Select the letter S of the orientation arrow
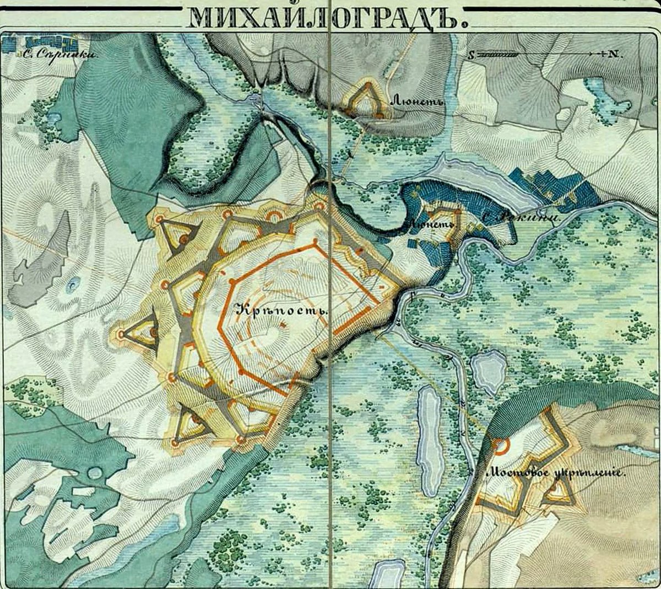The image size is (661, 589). (x=472, y=55)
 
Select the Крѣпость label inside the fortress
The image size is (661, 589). (x=281, y=310)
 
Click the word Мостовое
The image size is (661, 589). (x=512, y=473)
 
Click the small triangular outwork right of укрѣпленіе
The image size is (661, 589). (x=559, y=492)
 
